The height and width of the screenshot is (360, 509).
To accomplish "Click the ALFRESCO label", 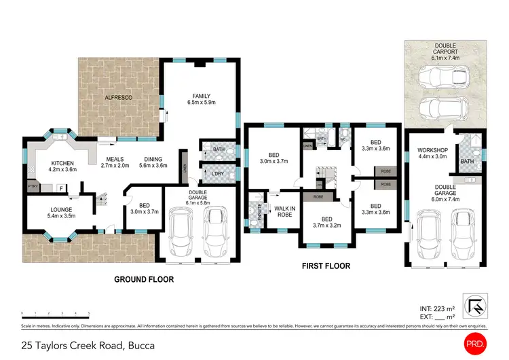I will pyautogui.click(x=119, y=98).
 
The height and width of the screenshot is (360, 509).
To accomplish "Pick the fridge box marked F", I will pyautogui.click(x=60, y=188).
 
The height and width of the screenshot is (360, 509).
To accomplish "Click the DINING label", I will pyautogui.click(x=153, y=162).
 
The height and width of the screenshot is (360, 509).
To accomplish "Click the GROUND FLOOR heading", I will pyautogui.click(x=145, y=279).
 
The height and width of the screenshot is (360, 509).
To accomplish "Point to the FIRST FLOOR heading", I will pyautogui.click(x=326, y=266).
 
